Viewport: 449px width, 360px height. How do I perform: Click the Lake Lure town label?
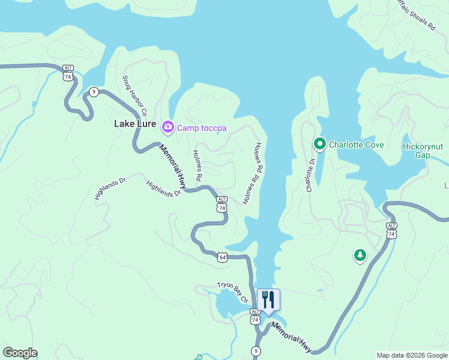tap(135, 125)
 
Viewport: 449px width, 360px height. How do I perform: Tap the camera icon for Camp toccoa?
tap(167, 126)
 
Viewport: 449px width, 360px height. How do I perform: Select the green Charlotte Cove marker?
tap(320, 144)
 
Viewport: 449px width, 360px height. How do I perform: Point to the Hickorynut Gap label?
tap(424, 150)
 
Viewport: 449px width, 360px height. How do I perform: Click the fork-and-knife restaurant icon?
tap(268, 299)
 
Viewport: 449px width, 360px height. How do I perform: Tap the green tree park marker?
tap(360, 256)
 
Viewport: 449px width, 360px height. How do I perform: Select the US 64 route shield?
tap(223, 257)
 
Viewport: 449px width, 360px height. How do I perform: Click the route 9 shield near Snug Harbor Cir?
tap(94, 92)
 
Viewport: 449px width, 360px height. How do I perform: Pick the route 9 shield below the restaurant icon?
tap(257, 350)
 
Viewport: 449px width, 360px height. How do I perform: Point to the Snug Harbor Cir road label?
tap(134, 96)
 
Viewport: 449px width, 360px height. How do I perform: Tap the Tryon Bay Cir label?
tap(233, 292)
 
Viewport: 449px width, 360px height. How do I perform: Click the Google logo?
tap(20, 353)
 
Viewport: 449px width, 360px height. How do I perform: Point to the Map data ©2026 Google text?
tap(411, 355)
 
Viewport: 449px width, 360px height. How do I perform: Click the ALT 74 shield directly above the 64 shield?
tap(222, 204)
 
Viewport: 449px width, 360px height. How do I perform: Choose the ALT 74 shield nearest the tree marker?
tap(391, 231)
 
